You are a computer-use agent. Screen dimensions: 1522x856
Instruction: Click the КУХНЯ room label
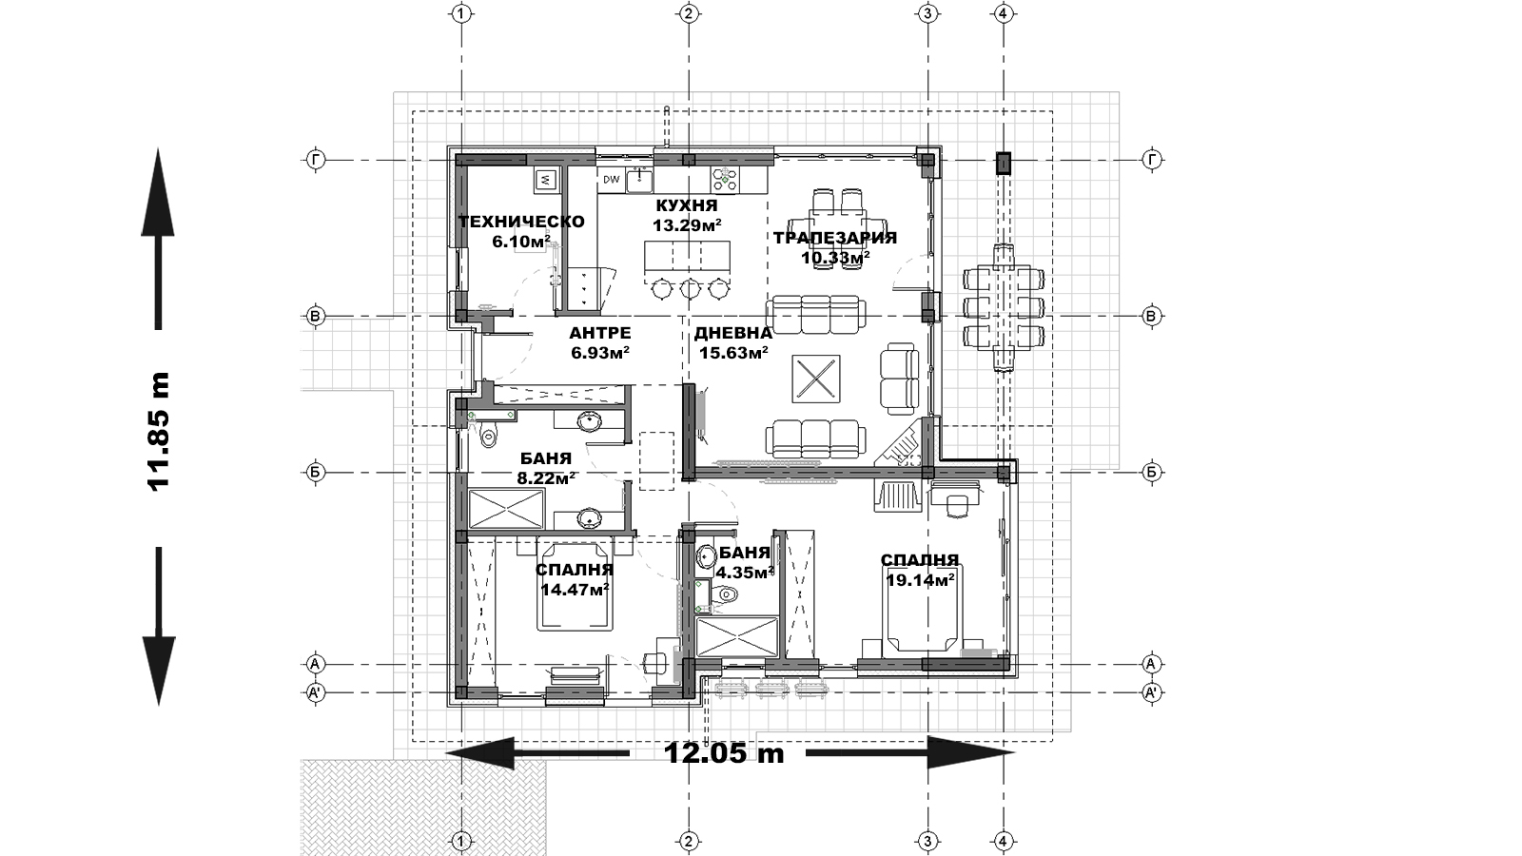pyautogui.click(x=686, y=205)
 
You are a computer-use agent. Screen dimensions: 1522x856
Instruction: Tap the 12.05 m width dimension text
pyautogui.click(x=724, y=752)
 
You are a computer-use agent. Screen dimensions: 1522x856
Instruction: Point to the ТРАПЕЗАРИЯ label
pyautogui.click(x=835, y=238)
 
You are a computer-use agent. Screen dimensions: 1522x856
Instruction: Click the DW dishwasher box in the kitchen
pyautogui.click(x=612, y=180)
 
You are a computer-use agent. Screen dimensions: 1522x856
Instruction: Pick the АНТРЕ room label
pyautogui.click(x=600, y=334)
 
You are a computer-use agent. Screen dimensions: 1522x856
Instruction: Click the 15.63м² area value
pyautogui.click(x=733, y=353)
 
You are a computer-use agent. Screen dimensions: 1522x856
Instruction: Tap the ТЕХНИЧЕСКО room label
pyautogui.click(x=521, y=223)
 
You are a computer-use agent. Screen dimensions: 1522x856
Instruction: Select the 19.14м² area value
pyautogui.click(x=920, y=579)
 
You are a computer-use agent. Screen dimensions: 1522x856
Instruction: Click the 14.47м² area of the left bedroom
pyautogui.click(x=575, y=589)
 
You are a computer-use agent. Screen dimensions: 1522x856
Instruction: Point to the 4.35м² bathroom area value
pyautogui.click(x=745, y=573)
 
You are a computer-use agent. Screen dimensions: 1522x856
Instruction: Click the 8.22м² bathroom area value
pyautogui.click(x=546, y=478)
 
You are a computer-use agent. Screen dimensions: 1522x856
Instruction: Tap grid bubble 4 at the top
pyautogui.click(x=1004, y=13)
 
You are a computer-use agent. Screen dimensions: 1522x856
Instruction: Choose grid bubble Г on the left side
pyautogui.click(x=316, y=161)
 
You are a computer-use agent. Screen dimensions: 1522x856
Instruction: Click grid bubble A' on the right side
pyautogui.click(x=1151, y=693)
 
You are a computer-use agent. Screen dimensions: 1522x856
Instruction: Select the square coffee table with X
pyautogui.click(x=816, y=379)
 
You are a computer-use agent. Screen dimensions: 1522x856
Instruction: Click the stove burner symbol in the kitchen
pyautogui.click(x=725, y=180)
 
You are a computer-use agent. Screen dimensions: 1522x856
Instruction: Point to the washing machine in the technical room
pyautogui.click(x=547, y=180)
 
